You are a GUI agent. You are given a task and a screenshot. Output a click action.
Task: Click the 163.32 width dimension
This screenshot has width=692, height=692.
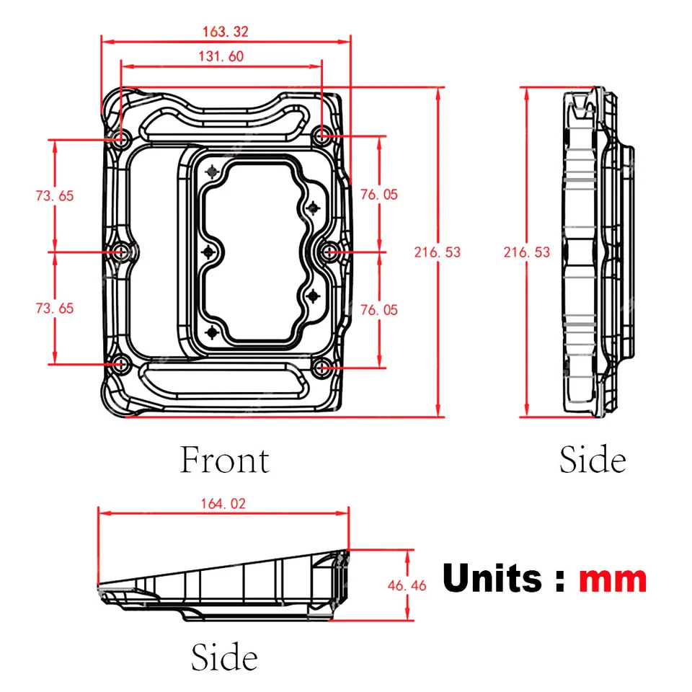tap(226, 32)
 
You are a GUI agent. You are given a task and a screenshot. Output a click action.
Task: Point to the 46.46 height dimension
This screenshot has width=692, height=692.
tap(407, 585)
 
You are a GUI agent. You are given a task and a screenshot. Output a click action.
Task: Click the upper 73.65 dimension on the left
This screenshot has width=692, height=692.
tap(55, 195)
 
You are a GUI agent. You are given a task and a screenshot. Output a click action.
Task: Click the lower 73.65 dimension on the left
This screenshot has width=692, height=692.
tap(55, 308)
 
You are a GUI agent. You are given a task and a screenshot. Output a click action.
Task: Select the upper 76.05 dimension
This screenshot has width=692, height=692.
tap(379, 195)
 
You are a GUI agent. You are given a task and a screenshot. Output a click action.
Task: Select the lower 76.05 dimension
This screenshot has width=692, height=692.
tap(379, 309)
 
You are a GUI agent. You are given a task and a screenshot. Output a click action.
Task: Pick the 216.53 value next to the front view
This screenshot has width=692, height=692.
tap(437, 252)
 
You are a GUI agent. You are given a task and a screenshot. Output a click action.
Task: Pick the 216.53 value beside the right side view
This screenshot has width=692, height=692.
tap(527, 252)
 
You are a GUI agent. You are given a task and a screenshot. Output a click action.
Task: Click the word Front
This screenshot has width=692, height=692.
tap(224, 461)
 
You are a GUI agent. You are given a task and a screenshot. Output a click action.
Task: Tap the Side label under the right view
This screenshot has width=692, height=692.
tap(593, 460)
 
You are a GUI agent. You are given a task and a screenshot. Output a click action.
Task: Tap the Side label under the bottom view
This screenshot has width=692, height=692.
tap(224, 657)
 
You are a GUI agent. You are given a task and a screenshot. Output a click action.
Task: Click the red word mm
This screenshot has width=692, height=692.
tap(613, 580)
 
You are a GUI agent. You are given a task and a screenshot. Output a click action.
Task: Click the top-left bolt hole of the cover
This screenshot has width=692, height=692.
tap(120, 136)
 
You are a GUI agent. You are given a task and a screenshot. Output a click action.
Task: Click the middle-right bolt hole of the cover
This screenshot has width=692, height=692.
tap(330, 252)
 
